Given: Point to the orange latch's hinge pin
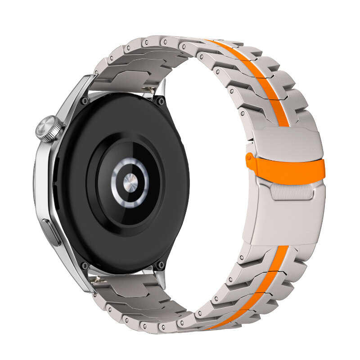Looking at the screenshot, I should (x=248, y=157).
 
